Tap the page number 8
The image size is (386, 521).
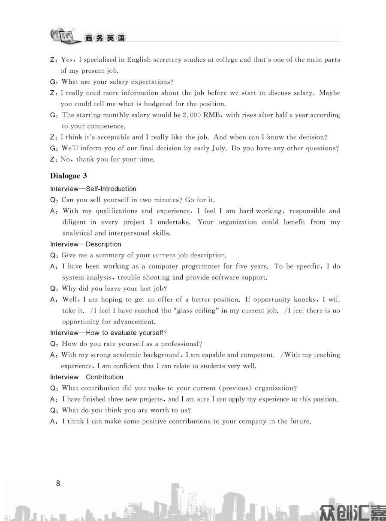(58, 484)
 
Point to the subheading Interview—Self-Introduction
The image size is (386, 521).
(93, 189)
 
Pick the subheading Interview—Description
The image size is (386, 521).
(85, 244)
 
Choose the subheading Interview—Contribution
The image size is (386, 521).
(87, 377)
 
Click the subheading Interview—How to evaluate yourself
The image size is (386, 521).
(108, 333)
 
